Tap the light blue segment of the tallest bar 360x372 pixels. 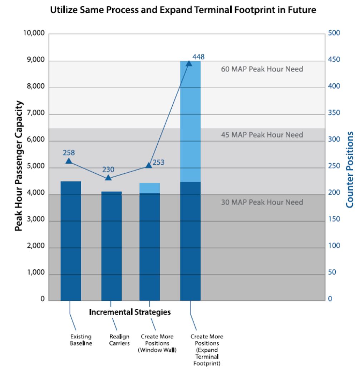[x=190, y=121]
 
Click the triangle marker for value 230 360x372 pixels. [x=109, y=177]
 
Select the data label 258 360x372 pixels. [x=69, y=153]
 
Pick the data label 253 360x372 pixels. [x=158, y=163]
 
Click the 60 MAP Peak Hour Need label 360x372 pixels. [x=262, y=69]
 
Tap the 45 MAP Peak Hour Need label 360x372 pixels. [x=262, y=135]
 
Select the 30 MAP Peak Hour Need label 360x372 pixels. [x=262, y=202]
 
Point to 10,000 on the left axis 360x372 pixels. [x=33, y=34]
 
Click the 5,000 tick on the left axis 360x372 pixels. [x=35, y=168]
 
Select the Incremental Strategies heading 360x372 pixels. [x=129, y=312]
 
